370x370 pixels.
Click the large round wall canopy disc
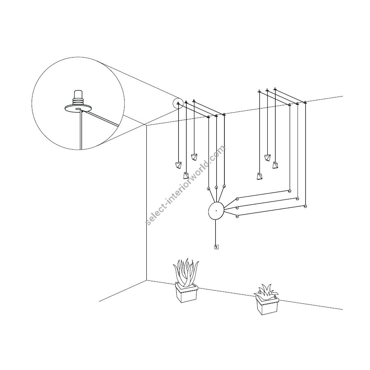tap(216, 211)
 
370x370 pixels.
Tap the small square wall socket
tap(216, 247)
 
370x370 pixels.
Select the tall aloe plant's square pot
tap(186, 292)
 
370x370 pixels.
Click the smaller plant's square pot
tap(266, 304)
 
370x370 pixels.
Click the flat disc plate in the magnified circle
tap(78, 109)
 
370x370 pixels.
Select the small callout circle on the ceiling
tap(178, 103)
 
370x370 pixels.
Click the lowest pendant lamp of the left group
tap(186, 176)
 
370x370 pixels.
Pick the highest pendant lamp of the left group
tap(194, 157)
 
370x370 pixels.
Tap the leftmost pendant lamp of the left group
tap(178, 165)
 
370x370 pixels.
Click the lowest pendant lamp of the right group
tap(259, 176)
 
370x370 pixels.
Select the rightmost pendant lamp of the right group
tap(275, 165)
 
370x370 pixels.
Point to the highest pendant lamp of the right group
tap(267, 157)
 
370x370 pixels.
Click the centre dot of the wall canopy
tap(216, 211)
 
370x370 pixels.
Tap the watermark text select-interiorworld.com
tap(186, 185)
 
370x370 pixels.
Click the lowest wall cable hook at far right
tap(305, 206)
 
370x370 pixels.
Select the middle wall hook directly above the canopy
tap(216, 187)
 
